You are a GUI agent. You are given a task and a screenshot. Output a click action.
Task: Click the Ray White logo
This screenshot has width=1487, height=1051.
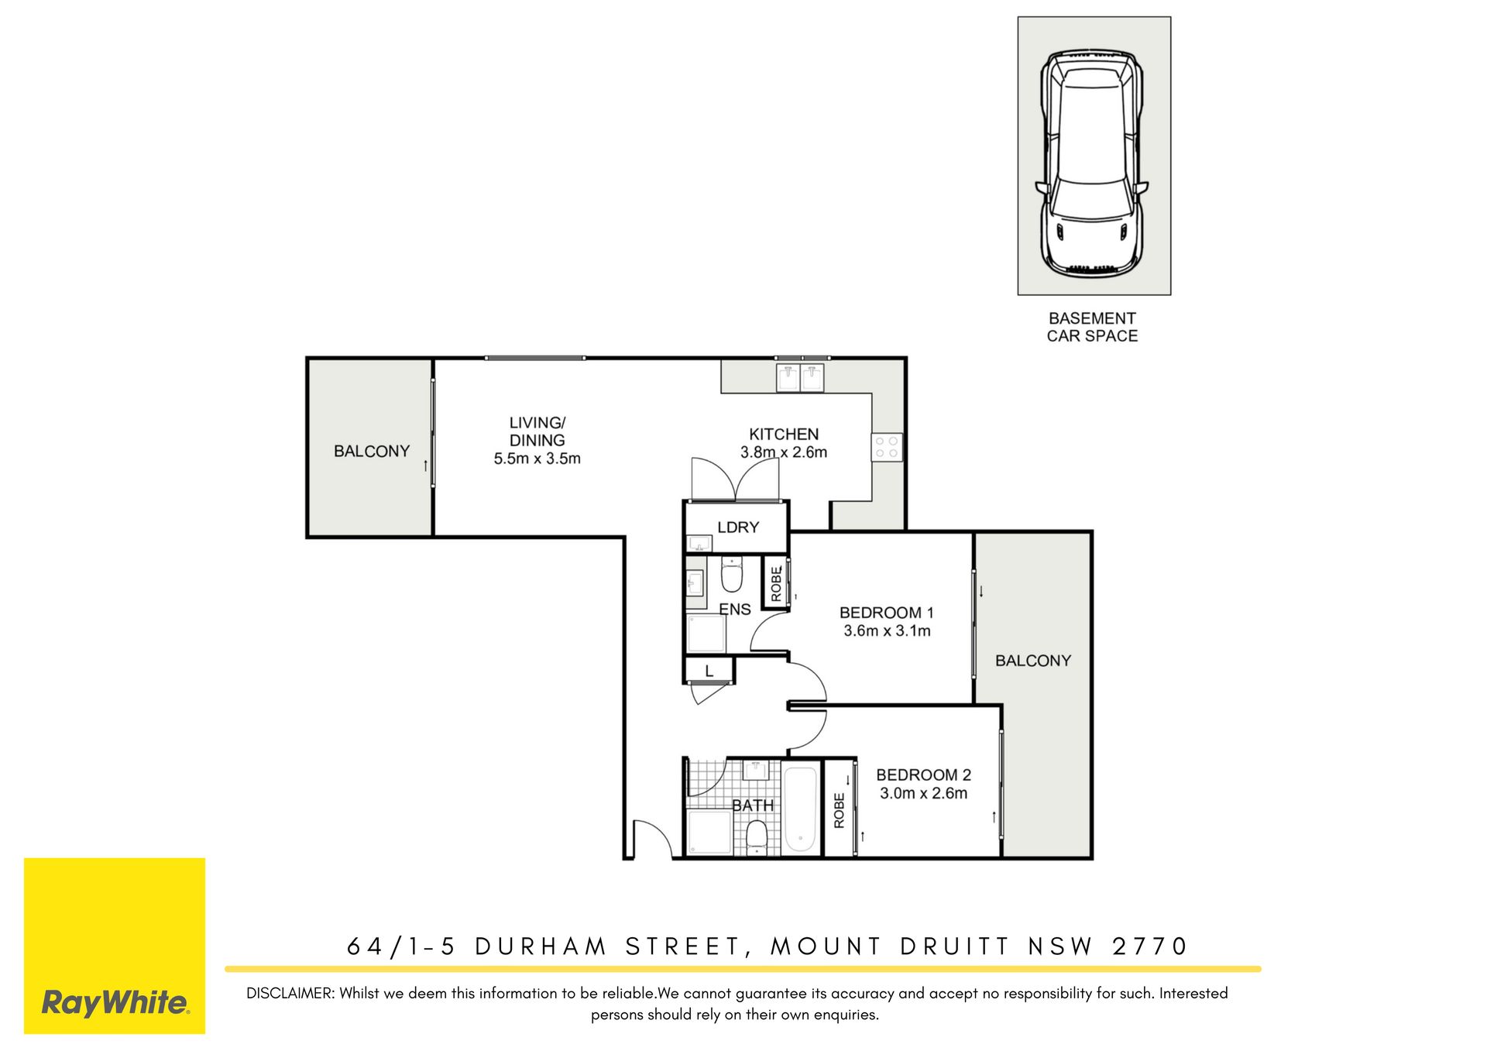point(115,946)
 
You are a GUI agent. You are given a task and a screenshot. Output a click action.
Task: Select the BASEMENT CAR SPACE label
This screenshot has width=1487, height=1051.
point(1092,327)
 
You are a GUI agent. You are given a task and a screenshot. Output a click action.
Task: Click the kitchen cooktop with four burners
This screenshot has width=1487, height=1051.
point(887,447)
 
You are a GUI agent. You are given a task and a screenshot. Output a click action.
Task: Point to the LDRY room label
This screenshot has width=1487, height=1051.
point(738,527)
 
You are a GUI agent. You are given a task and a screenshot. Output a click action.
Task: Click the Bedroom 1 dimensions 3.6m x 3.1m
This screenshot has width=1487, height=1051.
point(887,631)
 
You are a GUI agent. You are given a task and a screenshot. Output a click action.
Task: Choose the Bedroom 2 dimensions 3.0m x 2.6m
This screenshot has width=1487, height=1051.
point(923,793)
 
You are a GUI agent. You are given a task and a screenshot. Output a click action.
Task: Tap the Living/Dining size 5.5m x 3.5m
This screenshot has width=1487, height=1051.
point(537,459)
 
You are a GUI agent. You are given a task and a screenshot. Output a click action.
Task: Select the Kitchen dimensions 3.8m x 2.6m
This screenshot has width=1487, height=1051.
point(784,452)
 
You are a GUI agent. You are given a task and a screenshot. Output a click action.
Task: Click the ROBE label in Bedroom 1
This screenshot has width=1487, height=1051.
point(776,583)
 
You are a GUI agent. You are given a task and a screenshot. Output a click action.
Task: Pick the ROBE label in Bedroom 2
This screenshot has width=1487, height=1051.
point(839,810)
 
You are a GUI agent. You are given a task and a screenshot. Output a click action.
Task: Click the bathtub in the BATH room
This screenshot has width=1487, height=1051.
point(800,809)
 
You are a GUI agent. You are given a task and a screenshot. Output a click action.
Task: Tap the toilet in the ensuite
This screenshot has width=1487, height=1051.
point(732,574)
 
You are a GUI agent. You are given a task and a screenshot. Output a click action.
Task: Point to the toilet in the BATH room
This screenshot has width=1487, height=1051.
point(756,837)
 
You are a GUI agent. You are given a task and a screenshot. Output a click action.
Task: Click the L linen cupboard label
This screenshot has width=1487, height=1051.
point(709,671)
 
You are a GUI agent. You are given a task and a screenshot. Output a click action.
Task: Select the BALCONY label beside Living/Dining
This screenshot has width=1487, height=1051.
point(372,452)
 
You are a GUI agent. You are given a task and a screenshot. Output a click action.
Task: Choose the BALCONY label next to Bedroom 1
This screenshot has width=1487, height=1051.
point(1033,661)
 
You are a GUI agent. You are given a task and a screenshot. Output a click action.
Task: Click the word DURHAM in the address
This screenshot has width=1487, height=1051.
point(541,946)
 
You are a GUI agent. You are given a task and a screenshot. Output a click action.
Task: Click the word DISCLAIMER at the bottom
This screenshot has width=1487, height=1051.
point(290,994)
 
